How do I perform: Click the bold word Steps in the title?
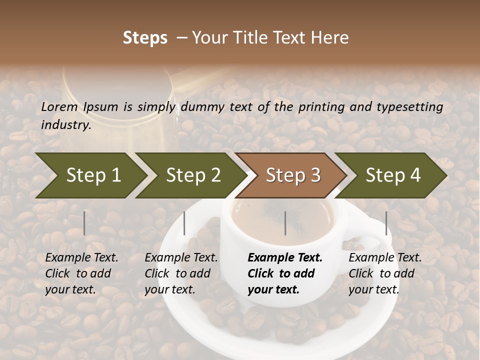pos(145,38)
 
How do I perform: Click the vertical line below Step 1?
pos(84,223)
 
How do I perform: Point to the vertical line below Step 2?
pos(184,223)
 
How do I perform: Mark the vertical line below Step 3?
pos(285,223)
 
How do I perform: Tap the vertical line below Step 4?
pos(386,223)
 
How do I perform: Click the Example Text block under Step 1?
pos(81,273)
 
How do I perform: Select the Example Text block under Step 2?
pos(181,273)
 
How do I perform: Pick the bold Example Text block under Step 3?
pos(285,273)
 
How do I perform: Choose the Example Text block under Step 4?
pos(385,273)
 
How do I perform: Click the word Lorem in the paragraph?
pos(59,106)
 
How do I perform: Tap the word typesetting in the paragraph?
pos(408,106)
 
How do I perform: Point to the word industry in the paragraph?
pos(66,124)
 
